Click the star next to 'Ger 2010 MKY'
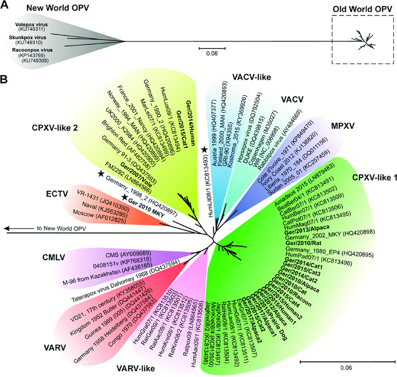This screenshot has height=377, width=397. coord(125,198)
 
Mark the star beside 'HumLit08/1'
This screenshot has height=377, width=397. coord(204,150)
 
